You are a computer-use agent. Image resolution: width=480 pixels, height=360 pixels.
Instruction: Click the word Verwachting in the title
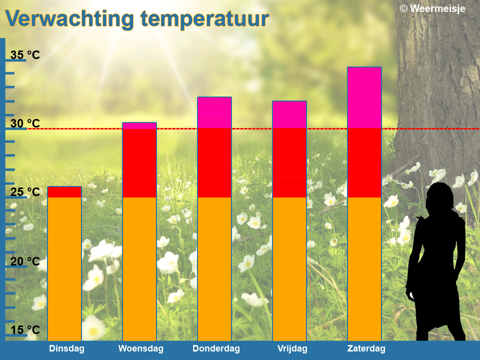(x=69, y=19)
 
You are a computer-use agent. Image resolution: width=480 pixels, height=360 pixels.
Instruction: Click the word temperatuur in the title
(x=204, y=19)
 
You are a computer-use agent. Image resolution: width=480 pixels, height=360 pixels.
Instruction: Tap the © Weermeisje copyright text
(x=432, y=8)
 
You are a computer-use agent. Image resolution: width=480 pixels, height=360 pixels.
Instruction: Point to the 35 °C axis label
(x=25, y=55)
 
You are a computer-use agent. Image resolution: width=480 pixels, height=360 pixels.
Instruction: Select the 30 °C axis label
(x=25, y=123)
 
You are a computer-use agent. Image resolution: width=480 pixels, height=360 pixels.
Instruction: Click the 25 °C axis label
(x=25, y=192)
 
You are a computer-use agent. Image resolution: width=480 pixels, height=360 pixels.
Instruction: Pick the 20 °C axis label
(x=25, y=261)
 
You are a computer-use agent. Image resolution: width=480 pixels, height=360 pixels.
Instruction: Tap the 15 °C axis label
(x=25, y=330)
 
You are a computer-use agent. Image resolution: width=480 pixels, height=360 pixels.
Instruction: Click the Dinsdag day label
(x=66, y=348)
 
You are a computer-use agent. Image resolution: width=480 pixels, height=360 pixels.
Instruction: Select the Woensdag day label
(x=141, y=348)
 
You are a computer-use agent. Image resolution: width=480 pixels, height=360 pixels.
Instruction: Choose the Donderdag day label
(x=216, y=348)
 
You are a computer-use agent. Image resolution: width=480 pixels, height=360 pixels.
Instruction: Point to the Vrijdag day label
(x=292, y=348)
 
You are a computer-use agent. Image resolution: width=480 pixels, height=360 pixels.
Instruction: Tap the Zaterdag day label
(x=366, y=348)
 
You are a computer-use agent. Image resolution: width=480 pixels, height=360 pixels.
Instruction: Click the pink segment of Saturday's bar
(x=364, y=97)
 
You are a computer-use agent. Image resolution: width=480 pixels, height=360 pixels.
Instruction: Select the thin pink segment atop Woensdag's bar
(x=139, y=126)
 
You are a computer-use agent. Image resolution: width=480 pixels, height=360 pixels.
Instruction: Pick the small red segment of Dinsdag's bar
(x=64, y=192)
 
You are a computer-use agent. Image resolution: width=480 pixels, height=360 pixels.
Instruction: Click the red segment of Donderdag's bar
(x=214, y=163)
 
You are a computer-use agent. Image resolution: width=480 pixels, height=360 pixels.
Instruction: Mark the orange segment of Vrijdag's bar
(x=289, y=269)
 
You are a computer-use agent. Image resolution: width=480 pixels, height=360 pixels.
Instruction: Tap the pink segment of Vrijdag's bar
(x=289, y=115)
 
